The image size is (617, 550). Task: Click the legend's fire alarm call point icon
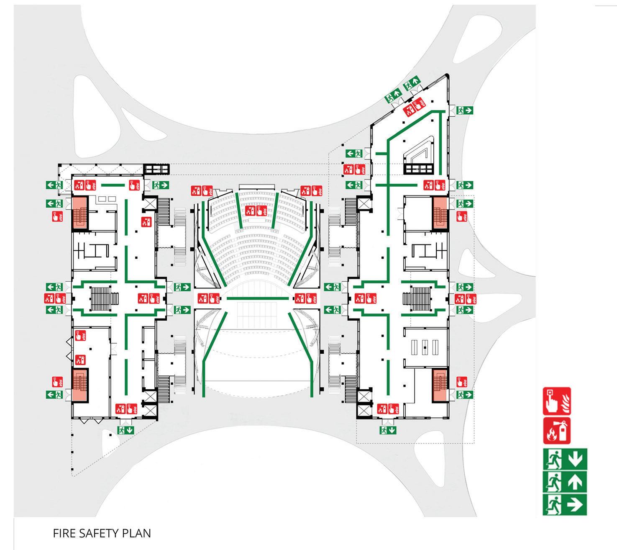pyautogui.click(x=557, y=401)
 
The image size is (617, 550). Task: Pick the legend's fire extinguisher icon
pyautogui.click(x=557, y=430)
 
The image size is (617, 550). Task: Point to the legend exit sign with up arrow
pyautogui.click(x=565, y=482)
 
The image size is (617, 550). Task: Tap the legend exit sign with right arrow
pyautogui.click(x=565, y=505)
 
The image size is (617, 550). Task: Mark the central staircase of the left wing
pyautogui.click(x=100, y=298)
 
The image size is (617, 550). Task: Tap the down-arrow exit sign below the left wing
pyautogui.click(x=125, y=430)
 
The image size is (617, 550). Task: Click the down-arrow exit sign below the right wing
pyautogui.click(x=388, y=430)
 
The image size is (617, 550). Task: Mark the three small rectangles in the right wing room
pyautogui.click(x=424, y=346)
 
